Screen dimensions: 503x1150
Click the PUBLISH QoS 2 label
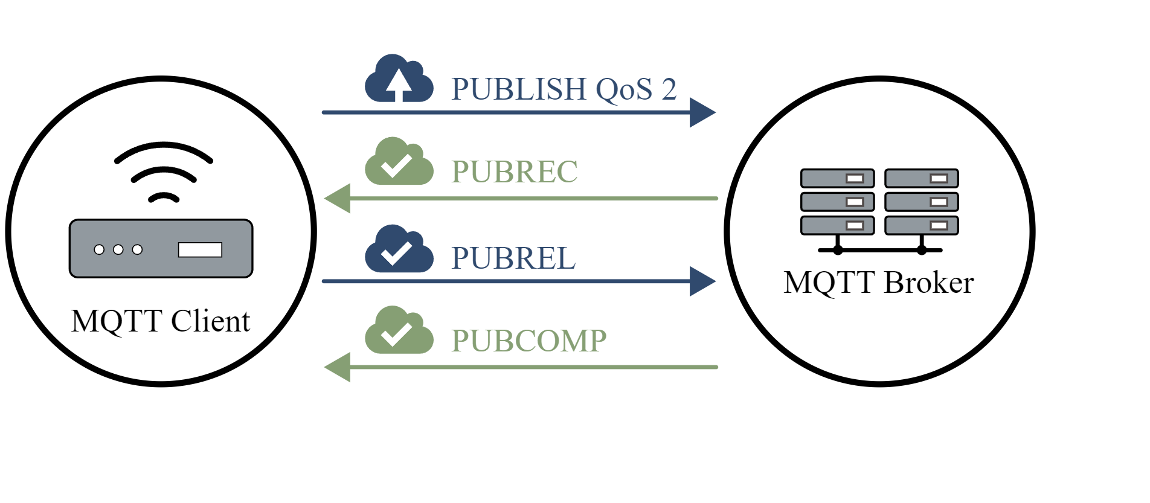563,89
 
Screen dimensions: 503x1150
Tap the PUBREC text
514,171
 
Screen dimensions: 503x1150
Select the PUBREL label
513,258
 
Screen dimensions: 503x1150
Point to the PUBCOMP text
528,341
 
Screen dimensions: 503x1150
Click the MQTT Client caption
160,321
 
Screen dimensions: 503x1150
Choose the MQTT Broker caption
878,283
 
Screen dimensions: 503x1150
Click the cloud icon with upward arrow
399,80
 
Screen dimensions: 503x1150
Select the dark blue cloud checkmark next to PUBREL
399,250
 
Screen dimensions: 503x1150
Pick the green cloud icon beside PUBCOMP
399,332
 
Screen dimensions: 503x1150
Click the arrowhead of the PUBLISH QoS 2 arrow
702,112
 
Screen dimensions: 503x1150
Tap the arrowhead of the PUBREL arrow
702,281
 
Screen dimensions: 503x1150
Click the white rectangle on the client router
200,249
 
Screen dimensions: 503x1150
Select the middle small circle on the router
118,249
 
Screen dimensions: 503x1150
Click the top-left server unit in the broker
837,178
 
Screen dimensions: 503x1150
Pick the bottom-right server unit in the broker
922,225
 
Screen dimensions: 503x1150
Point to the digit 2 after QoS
669,89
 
